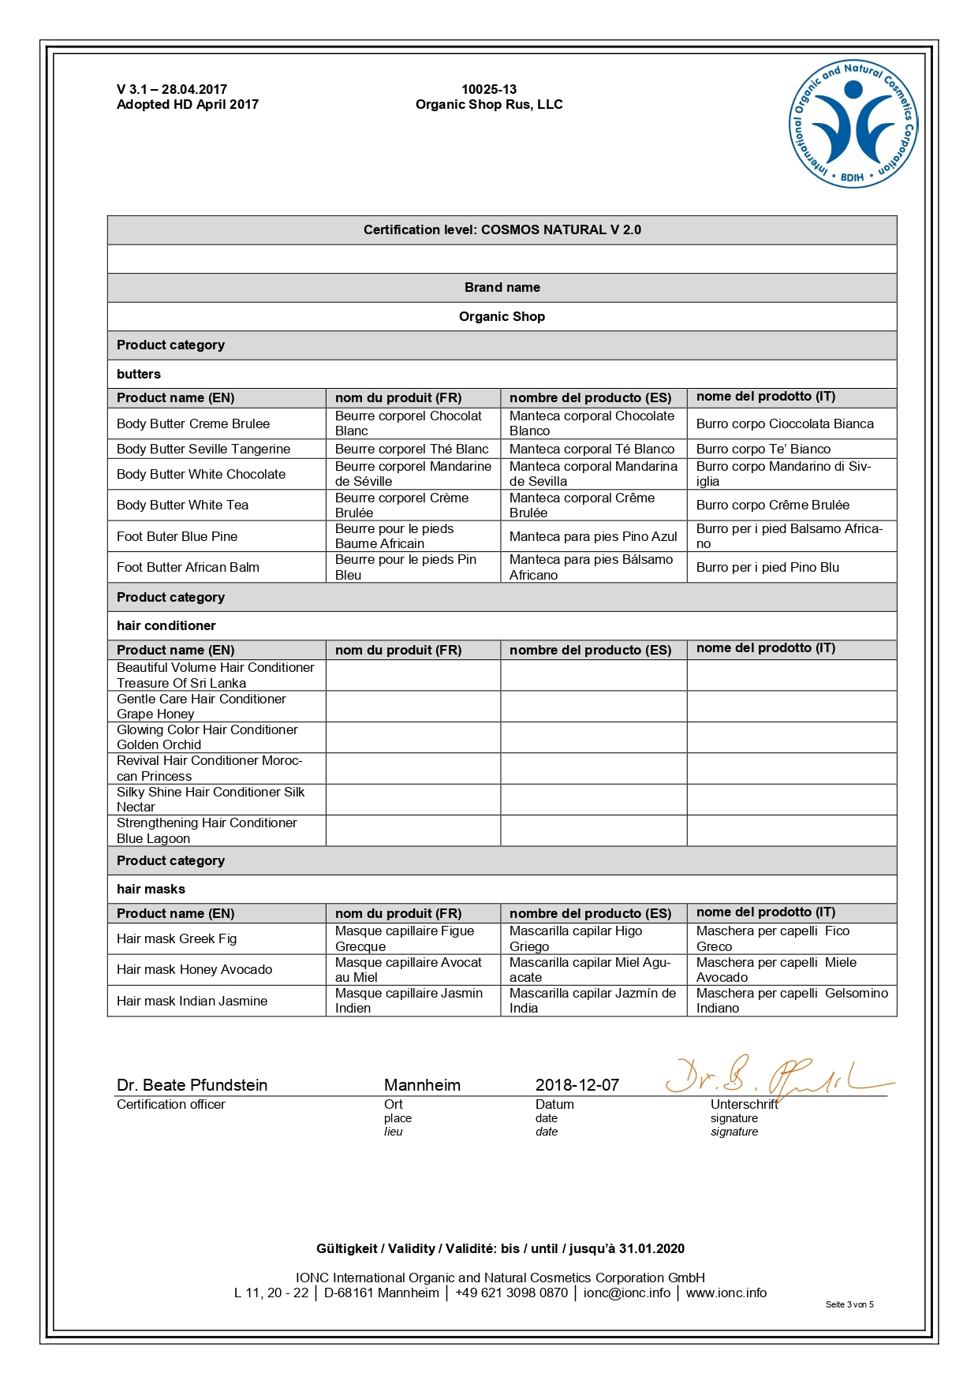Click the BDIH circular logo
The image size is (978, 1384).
pyautogui.click(x=853, y=124)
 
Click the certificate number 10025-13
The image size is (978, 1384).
pyautogui.click(x=489, y=89)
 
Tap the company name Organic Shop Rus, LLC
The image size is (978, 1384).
pyautogui.click(x=489, y=104)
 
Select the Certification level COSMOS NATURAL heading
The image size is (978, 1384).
pyautogui.click(x=502, y=229)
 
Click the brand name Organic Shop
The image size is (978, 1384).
pyautogui.click(x=502, y=316)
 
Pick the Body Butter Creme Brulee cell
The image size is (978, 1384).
pyautogui.click(x=193, y=423)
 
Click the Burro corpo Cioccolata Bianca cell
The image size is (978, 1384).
pyautogui.click(x=785, y=423)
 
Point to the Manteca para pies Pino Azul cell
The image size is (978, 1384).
pyautogui.click(x=593, y=536)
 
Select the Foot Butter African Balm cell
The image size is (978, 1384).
pyautogui.click(x=188, y=567)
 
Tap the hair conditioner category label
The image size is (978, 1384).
pyautogui.click(x=166, y=625)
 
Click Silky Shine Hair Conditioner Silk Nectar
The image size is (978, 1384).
pyautogui.click(x=211, y=799)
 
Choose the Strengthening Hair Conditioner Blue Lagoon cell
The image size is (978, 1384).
pyautogui.click(x=207, y=830)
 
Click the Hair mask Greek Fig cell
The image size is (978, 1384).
pyautogui.click(x=177, y=938)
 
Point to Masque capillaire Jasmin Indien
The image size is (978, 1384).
pyautogui.click(x=409, y=1001)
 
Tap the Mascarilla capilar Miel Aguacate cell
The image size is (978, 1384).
pyautogui.click(x=590, y=969)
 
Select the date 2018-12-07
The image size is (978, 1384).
pyautogui.click(x=577, y=1085)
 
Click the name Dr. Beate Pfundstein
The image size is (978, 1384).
pyautogui.click(x=192, y=1085)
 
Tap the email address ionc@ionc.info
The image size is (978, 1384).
pyautogui.click(x=627, y=1293)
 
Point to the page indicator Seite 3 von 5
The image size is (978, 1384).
pyautogui.click(x=849, y=1304)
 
